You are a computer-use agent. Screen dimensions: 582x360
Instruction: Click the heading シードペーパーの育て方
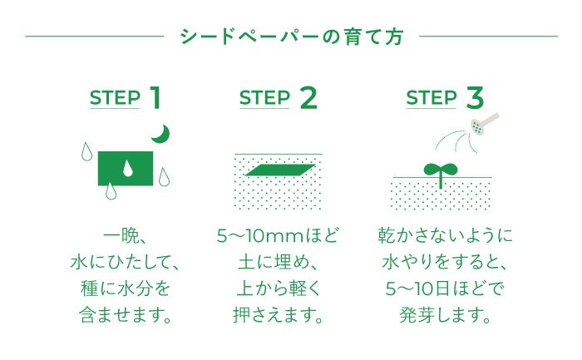pos(292,37)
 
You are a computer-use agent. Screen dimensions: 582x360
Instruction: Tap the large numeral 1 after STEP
pos(155,97)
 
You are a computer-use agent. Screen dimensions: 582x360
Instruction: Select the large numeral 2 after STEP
pos(308,97)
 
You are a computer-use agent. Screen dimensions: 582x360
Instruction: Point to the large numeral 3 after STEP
pos(475,97)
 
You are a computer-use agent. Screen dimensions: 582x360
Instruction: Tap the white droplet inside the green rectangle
pos(127,168)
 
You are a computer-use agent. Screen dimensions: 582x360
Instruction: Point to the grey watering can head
pos(480,125)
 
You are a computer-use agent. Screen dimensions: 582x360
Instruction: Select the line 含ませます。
pos(127,316)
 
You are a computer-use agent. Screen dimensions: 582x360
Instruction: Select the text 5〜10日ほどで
pos(445,289)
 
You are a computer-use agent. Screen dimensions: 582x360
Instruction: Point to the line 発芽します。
pos(445,316)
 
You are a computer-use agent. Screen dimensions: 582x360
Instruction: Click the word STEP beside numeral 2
pos(264,98)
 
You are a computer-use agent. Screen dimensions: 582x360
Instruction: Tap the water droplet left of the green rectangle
pos(86,151)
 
